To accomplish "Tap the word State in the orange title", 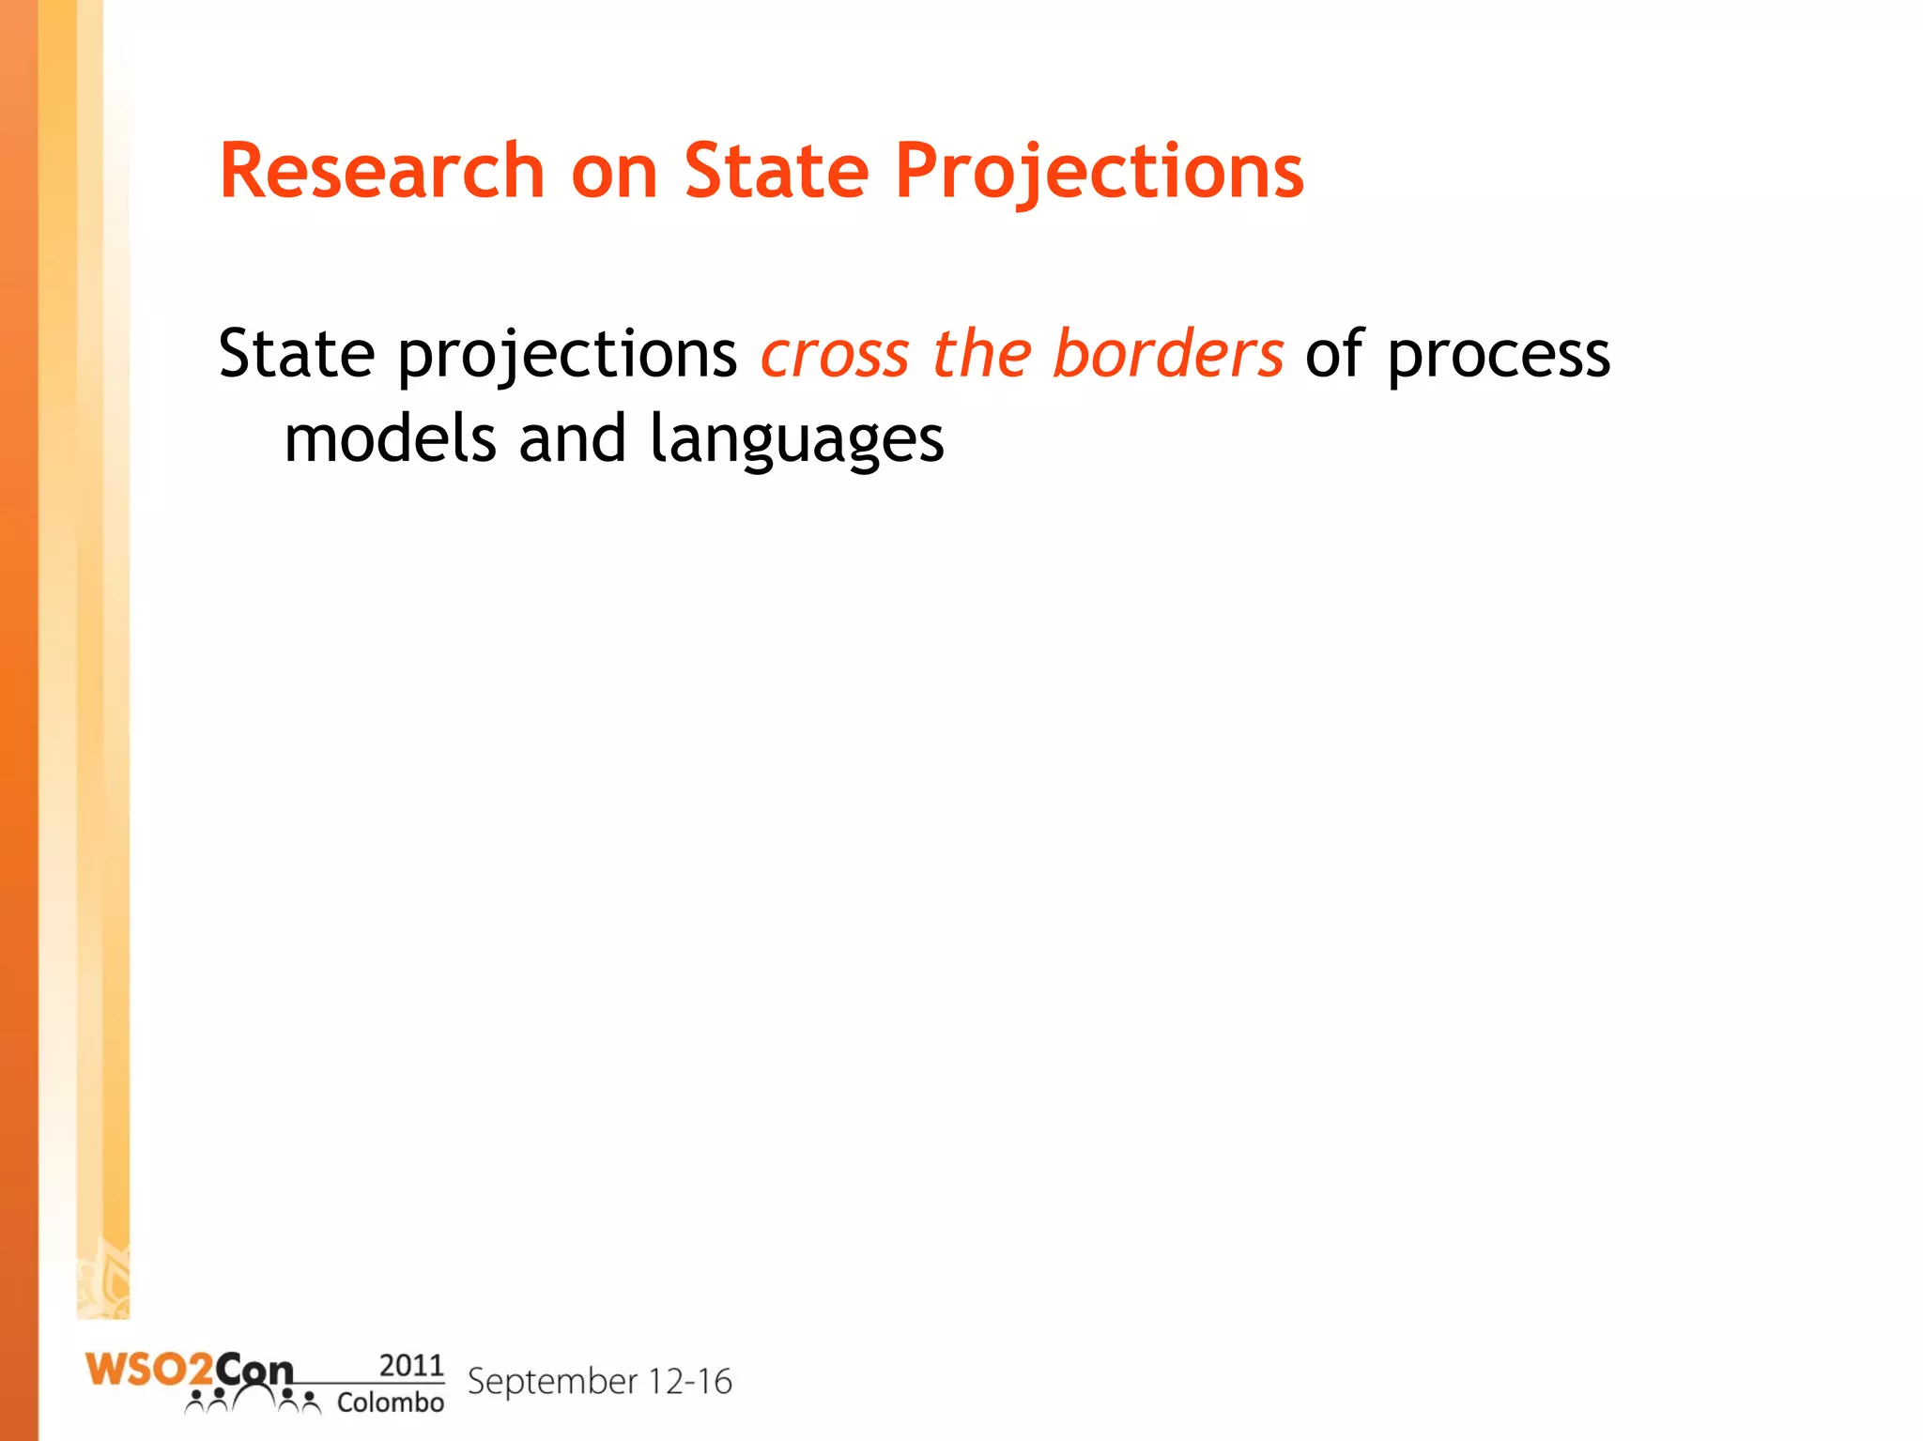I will pyautogui.click(x=777, y=171).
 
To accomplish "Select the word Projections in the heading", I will pyautogui.click(x=1099, y=171).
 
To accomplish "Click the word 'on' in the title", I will pyautogui.click(x=614, y=173).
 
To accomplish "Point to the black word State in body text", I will pyautogui.click(x=297, y=354).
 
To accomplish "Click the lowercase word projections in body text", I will pyautogui.click(x=568, y=356).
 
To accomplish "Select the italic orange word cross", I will pyautogui.click(x=835, y=354).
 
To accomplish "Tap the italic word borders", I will pyautogui.click(x=1167, y=354).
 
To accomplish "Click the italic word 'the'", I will pyautogui.click(x=981, y=354).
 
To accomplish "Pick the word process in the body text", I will pyautogui.click(x=1499, y=356).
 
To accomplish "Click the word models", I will pyautogui.click(x=390, y=438).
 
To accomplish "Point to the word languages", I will pyautogui.click(x=796, y=440).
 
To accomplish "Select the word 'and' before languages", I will pyautogui.click(x=572, y=438).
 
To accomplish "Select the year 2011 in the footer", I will pyautogui.click(x=410, y=1365).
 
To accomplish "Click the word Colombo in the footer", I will pyautogui.click(x=390, y=1403).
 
